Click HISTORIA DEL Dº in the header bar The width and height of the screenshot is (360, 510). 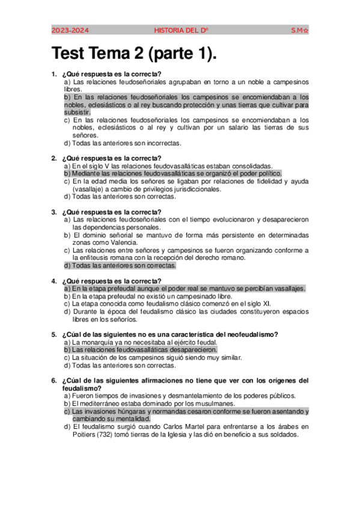pyautogui.click(x=182, y=29)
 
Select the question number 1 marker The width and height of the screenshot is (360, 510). pyautogui.click(x=54, y=74)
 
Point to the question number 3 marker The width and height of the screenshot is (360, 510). pyautogui.click(x=54, y=212)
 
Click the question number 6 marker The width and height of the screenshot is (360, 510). pyautogui.click(x=54, y=381)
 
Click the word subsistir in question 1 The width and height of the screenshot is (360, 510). pyautogui.click(x=78, y=112)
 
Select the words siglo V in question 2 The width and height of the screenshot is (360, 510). pyautogui.click(x=96, y=166)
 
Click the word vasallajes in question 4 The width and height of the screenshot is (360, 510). pyautogui.click(x=287, y=289)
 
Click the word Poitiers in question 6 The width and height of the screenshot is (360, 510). pyautogui.click(x=77, y=435)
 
